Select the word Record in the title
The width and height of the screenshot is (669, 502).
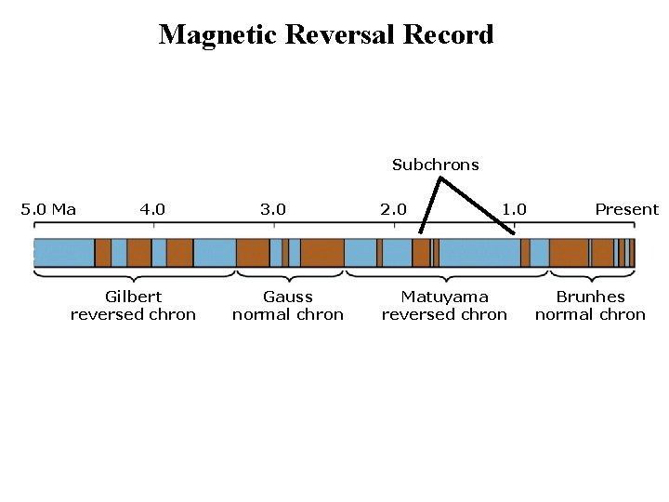(448, 35)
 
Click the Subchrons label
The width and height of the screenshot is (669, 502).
(435, 165)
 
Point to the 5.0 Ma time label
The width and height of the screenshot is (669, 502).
(48, 209)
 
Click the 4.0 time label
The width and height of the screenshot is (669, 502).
(152, 209)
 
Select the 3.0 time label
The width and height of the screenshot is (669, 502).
(273, 209)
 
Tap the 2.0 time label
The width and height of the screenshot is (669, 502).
(393, 209)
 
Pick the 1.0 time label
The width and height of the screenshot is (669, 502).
(514, 209)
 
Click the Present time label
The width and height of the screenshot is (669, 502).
(626, 209)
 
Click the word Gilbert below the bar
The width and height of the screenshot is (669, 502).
(133, 297)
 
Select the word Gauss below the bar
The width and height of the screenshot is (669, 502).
(288, 297)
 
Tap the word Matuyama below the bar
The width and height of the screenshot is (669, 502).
(444, 297)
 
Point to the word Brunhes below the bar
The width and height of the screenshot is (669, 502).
(590, 297)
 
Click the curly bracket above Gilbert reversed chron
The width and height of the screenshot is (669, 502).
(135, 275)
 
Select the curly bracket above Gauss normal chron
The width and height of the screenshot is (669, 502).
(290, 275)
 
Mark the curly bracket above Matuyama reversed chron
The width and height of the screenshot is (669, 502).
(447, 275)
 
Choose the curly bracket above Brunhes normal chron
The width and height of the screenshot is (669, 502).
(592, 275)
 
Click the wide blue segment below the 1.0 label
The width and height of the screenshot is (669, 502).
(479, 253)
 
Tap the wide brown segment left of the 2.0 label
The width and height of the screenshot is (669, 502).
(321, 253)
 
